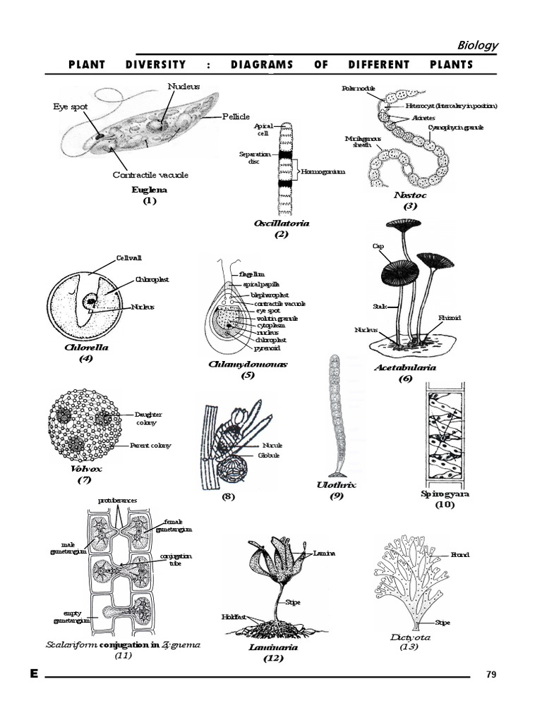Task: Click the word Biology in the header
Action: pos(478,45)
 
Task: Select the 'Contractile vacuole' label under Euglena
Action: pos(150,175)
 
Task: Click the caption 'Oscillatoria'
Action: pos(282,224)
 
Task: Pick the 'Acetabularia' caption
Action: pos(404,367)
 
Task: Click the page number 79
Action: pos(492,675)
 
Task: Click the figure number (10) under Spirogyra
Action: pos(445,505)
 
